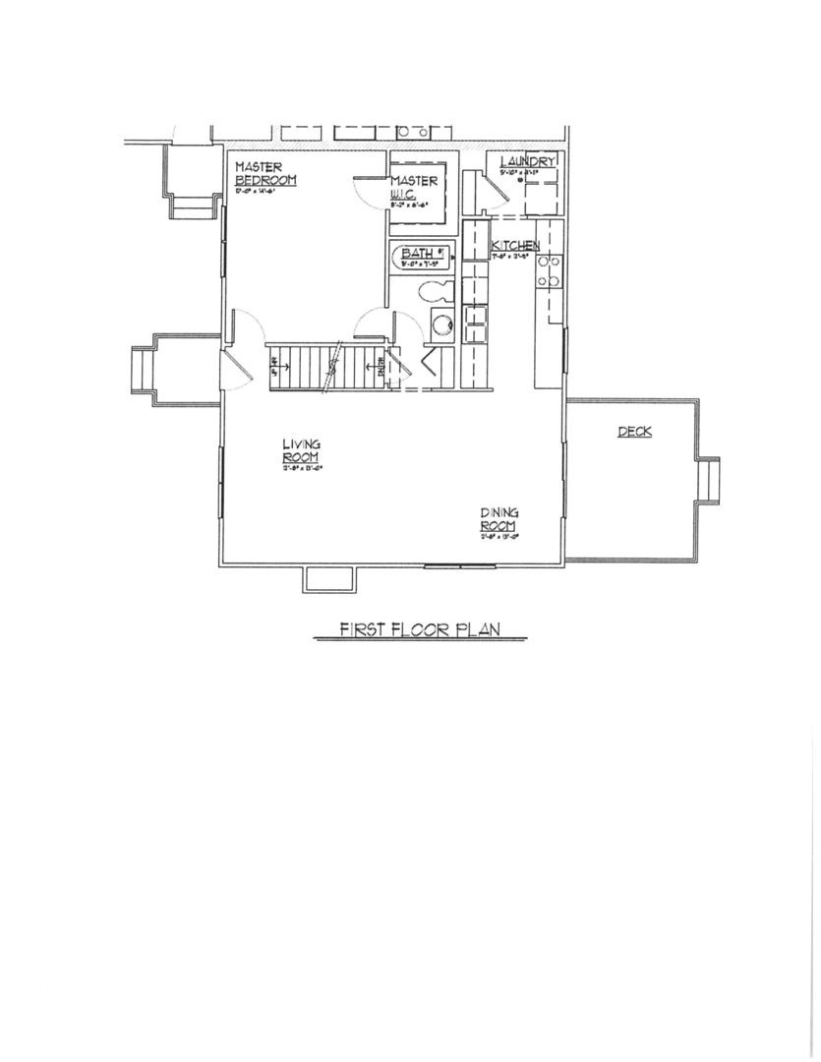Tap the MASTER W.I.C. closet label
click(414, 188)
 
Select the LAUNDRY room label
click(528, 161)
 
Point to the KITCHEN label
click(515, 245)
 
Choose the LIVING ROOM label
click(301, 451)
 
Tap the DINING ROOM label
click(499, 519)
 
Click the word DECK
click(634, 432)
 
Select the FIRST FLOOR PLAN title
click(420, 630)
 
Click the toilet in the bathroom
click(434, 291)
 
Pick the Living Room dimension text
click(302, 468)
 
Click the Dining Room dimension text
click(499, 537)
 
